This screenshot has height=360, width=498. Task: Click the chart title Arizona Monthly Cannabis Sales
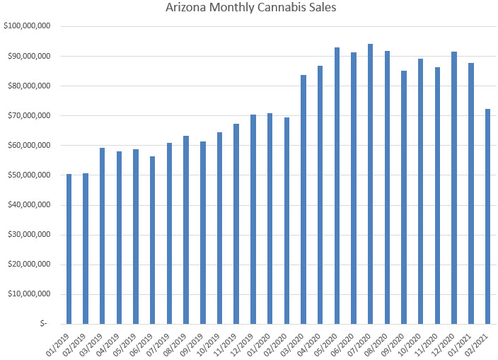[249, 9]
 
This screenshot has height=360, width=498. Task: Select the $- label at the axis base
[44, 324]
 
